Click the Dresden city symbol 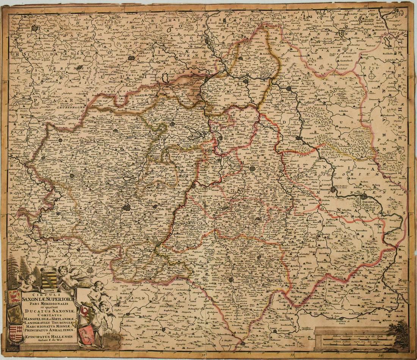click(x=364, y=197)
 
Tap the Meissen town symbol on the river click(x=333, y=189)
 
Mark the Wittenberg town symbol click(x=291, y=88)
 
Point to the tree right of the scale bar click(x=398, y=330)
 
